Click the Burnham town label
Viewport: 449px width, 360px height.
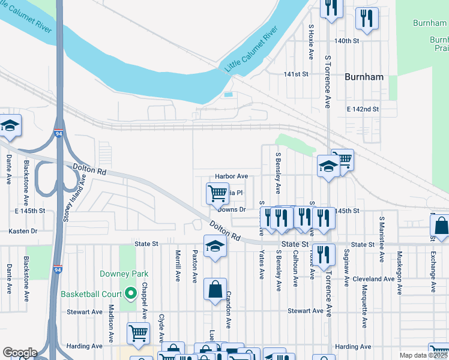pos(364,77)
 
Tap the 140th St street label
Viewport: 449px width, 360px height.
pos(346,41)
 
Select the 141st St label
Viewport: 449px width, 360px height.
pos(296,74)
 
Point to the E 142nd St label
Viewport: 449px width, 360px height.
pos(363,109)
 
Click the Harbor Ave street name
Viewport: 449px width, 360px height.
pos(232,176)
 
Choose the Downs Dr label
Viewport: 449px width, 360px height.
pos(232,209)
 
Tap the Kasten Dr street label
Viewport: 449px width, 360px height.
pos(23,231)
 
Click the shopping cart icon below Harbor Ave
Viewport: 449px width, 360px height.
pos(217,193)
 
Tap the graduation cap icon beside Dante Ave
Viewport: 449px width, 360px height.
pos(10,125)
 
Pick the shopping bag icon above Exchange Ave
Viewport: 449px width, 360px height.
pos(440,226)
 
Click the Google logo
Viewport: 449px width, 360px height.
pos(20,353)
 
